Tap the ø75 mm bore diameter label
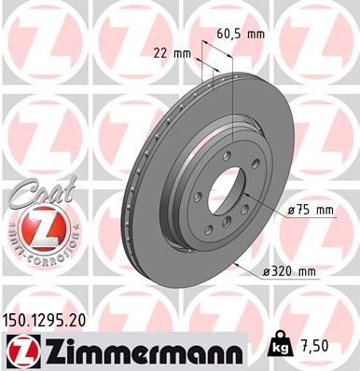point(312,210)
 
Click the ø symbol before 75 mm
point(292,210)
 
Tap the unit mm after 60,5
point(255,33)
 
